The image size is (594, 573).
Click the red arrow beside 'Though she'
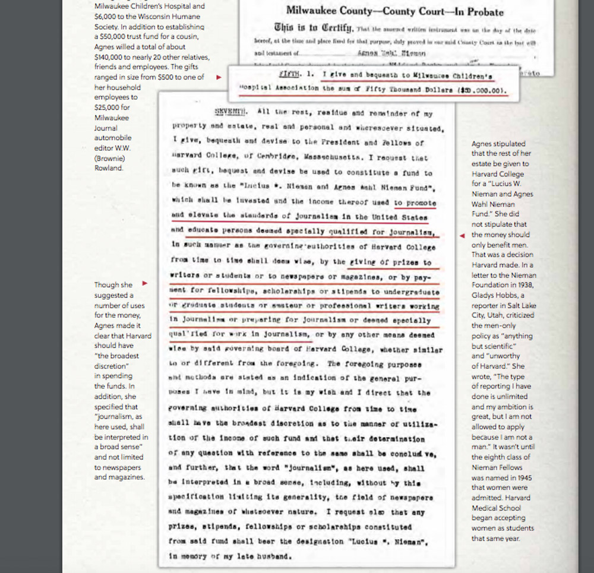click(x=144, y=284)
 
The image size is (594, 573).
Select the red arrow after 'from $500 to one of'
click(x=219, y=77)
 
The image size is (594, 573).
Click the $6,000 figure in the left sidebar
click(x=106, y=17)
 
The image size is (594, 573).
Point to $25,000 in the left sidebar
click(x=107, y=107)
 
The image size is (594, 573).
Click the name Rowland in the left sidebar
click(x=108, y=168)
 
